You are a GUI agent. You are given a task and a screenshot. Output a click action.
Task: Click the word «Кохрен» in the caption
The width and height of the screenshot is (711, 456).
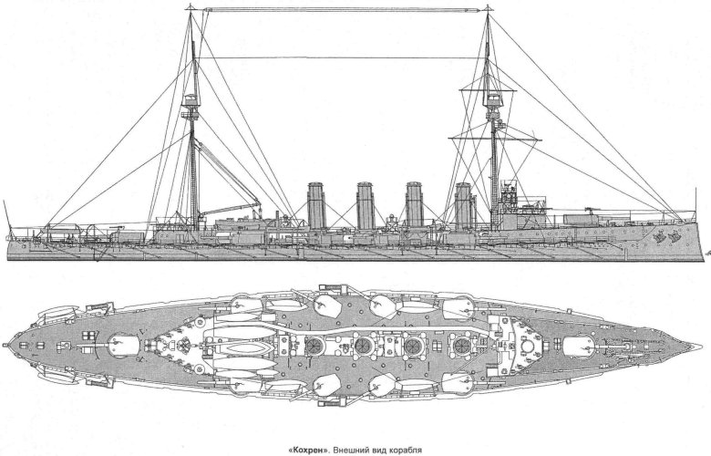pyautogui.click(x=307, y=451)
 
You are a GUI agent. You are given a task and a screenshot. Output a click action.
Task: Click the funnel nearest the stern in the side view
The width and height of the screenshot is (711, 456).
pyautogui.click(x=316, y=205)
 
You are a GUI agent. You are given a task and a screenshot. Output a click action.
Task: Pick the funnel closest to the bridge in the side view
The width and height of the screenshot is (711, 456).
pyautogui.click(x=464, y=206)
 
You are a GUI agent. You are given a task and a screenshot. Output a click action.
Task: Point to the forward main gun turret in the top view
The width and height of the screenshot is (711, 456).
pyautogui.click(x=579, y=347)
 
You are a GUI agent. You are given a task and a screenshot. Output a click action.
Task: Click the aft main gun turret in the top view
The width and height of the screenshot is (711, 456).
pyautogui.click(x=123, y=346)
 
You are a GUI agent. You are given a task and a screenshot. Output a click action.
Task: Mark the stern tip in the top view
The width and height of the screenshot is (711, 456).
pyautogui.click(x=5, y=345)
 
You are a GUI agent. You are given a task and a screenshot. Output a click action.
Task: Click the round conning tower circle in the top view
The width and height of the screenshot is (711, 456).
pyautogui.click(x=528, y=347)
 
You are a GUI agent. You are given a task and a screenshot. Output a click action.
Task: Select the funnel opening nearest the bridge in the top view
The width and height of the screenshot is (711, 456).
pyautogui.click(x=462, y=346)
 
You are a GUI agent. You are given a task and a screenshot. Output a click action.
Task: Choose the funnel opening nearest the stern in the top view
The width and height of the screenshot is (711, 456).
pyautogui.click(x=313, y=347)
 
